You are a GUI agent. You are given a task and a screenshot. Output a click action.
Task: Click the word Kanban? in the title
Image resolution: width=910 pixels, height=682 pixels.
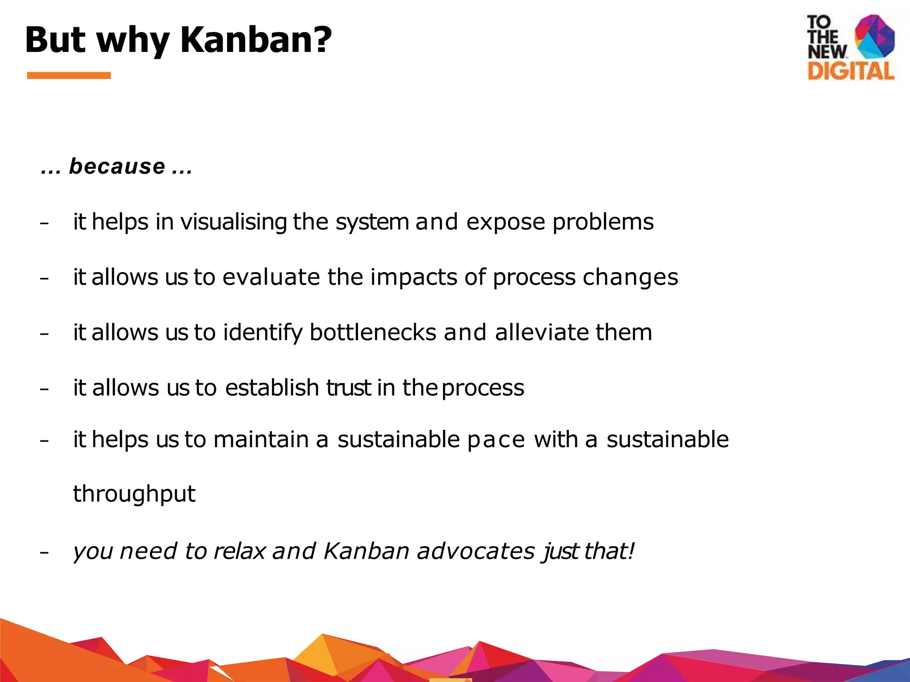[256, 40]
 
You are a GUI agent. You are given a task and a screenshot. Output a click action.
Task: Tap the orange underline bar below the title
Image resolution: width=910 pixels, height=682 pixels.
[69, 75]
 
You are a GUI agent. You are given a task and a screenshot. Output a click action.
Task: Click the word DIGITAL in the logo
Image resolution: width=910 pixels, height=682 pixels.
[850, 71]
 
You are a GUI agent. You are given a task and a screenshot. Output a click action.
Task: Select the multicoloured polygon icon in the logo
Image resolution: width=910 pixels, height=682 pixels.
[874, 36]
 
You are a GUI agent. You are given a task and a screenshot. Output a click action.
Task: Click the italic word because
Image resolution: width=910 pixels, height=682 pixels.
[117, 167]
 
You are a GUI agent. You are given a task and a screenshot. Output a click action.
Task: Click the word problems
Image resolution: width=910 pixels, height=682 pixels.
[603, 222]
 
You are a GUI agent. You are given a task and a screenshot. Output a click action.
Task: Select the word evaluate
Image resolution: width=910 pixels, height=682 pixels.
[271, 277]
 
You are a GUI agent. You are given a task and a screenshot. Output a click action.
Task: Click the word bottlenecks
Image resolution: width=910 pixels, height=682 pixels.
[373, 332]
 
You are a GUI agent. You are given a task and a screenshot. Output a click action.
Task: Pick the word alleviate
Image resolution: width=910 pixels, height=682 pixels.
[542, 332]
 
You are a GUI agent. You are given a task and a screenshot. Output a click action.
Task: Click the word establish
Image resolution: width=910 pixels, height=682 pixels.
[272, 387]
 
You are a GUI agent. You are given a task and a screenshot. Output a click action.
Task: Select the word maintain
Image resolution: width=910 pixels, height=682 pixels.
[261, 440]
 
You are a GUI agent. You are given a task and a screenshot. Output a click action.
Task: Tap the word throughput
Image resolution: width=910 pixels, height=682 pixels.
[134, 494]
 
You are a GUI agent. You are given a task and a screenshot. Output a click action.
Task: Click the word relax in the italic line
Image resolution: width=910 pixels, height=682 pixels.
[239, 551]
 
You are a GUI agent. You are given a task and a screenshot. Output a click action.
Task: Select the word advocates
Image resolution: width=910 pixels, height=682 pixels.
[476, 551]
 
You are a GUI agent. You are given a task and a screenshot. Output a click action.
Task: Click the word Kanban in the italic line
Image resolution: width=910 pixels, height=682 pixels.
[366, 551]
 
